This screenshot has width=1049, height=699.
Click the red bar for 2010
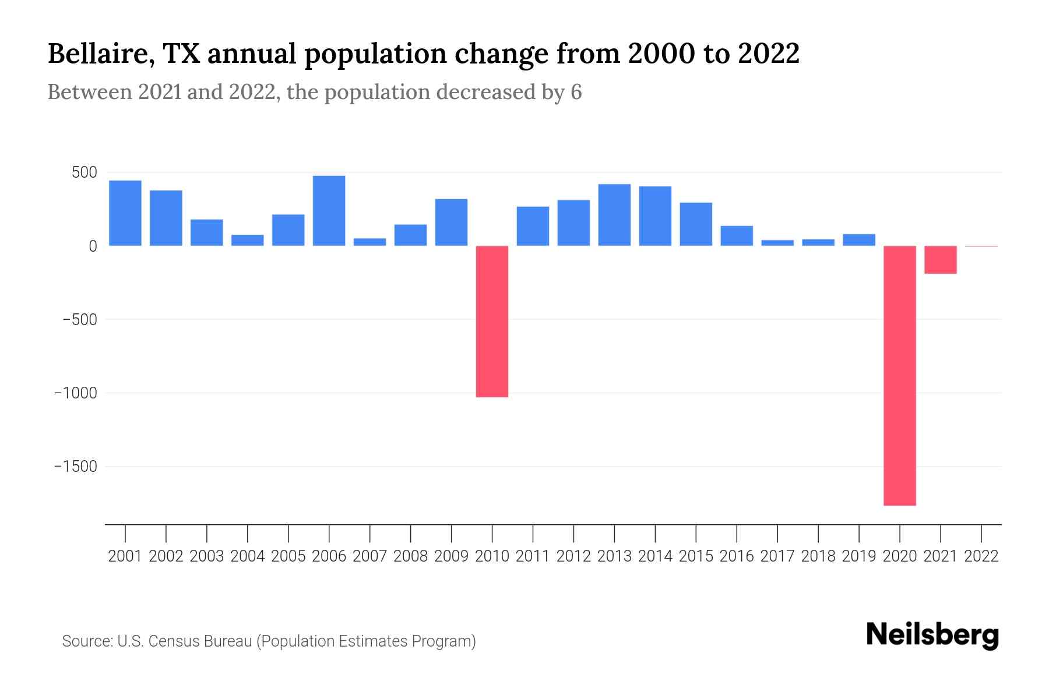point(492,322)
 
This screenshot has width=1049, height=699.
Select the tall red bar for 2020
point(899,376)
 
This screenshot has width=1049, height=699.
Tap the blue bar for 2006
point(329,211)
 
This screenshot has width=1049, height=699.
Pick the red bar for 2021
point(940,260)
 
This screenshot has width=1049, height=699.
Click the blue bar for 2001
point(125,213)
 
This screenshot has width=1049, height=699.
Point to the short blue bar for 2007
point(369,242)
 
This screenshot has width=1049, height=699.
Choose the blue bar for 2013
point(614,215)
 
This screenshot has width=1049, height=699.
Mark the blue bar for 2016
point(737,236)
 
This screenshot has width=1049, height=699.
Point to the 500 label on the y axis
point(84,173)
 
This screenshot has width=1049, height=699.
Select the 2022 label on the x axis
point(981,556)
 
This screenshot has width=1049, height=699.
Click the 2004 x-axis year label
point(247,556)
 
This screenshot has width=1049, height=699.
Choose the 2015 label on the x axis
point(696,556)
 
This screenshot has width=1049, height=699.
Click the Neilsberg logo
point(932,636)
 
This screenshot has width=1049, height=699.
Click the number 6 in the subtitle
point(576,93)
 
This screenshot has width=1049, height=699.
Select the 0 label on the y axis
point(93,246)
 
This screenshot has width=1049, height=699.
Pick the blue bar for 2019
point(858,240)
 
